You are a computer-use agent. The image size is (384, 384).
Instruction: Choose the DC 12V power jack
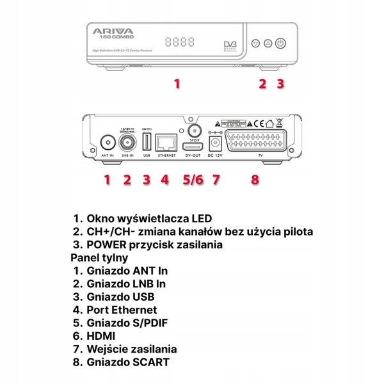tap(215, 143)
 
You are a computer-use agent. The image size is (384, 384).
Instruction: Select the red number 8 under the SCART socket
tap(255, 180)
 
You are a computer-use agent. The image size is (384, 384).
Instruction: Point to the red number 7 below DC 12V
tap(216, 180)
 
